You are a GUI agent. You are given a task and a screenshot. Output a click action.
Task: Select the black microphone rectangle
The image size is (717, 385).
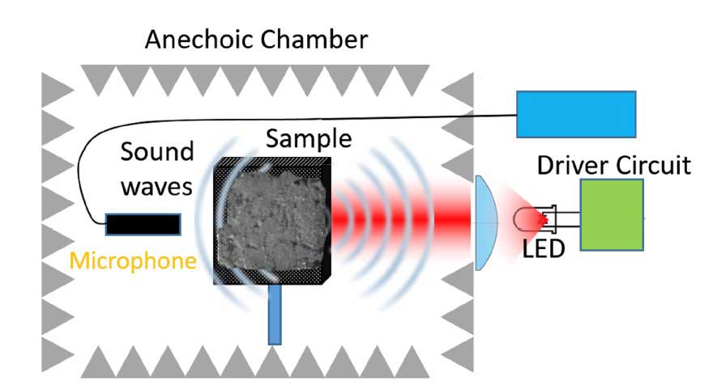coord(143,223)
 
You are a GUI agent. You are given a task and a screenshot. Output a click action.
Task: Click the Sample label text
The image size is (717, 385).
coord(309,139)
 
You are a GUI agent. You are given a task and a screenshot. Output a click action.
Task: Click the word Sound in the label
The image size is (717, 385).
coord(157,152)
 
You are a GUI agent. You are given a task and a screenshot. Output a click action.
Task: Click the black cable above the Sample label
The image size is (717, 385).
coord(324,121)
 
